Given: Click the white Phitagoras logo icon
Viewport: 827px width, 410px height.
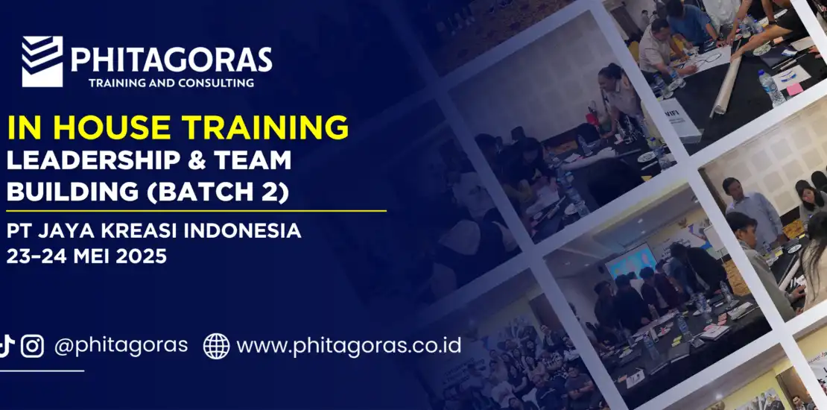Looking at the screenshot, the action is click(42, 61).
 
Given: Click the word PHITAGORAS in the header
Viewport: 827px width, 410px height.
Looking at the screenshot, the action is click(171, 60).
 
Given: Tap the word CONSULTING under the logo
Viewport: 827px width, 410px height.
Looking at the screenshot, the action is click(216, 83).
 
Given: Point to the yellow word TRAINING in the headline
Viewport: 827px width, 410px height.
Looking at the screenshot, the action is click(264, 127).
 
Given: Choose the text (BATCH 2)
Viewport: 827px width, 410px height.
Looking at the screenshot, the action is click(218, 192).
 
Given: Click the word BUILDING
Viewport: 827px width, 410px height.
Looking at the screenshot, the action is click(72, 192).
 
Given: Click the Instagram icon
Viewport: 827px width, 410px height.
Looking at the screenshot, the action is click(32, 346).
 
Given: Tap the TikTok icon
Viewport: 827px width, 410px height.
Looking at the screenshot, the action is click(6, 346).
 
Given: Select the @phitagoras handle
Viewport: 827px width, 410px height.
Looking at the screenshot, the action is click(121, 346).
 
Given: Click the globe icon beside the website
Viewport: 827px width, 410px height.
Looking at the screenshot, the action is click(216, 346).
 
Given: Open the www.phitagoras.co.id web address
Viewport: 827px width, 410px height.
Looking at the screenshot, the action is click(349, 346).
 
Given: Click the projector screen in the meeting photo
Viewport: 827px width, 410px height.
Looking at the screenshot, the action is click(630, 261).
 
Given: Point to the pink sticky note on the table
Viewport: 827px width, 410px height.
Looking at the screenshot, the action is click(793, 88).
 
